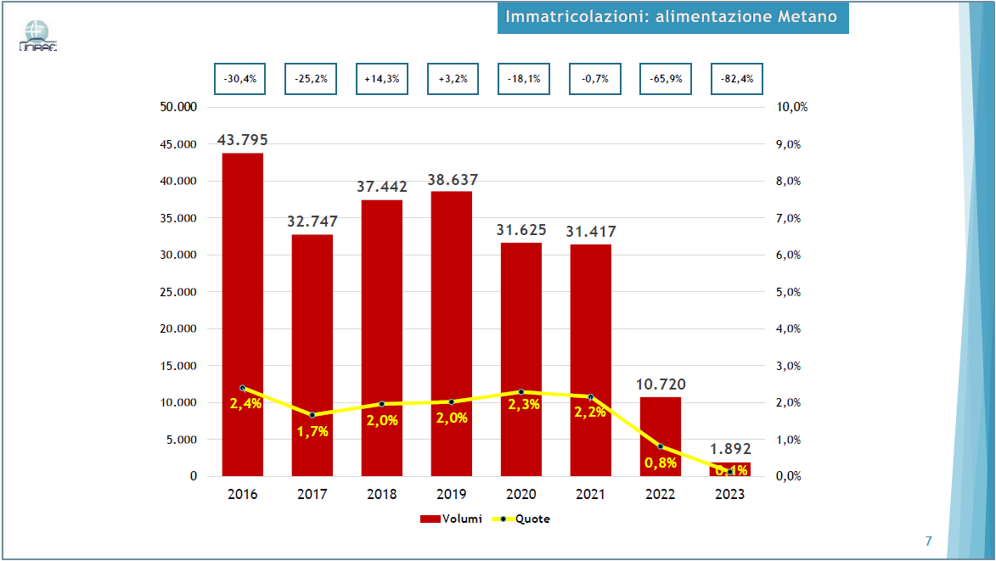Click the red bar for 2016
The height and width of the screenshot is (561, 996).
click(x=243, y=314)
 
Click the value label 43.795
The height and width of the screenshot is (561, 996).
click(x=243, y=139)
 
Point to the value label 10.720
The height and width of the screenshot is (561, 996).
click(x=661, y=384)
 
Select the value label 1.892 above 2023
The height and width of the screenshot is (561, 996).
click(x=730, y=449)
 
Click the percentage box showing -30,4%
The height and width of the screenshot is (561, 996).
click(x=239, y=79)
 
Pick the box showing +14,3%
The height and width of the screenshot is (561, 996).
click(x=382, y=79)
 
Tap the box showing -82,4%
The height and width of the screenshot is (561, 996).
click(x=737, y=79)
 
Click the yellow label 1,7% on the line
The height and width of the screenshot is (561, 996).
click(x=312, y=431)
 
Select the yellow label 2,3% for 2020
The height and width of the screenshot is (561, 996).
click(x=524, y=405)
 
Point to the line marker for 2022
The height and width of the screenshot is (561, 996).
click(x=661, y=446)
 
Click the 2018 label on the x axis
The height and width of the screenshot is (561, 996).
click(x=382, y=494)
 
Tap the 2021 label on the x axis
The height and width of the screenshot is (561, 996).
click(x=591, y=494)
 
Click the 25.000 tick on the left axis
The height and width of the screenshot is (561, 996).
click(x=180, y=292)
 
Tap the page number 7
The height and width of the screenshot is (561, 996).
click(x=928, y=541)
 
